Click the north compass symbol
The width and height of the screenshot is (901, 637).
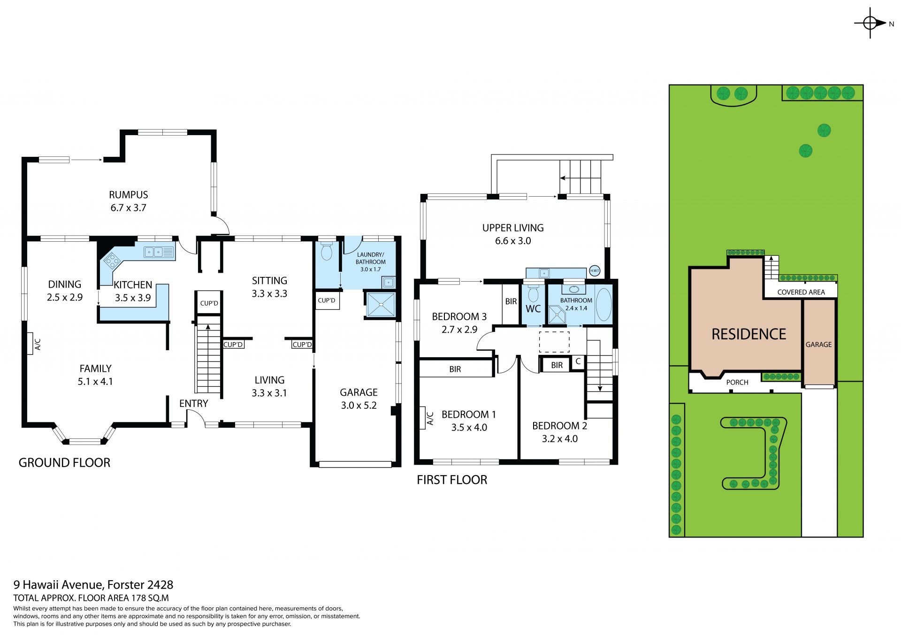click(x=870, y=23)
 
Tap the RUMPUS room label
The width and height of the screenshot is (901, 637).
click(x=129, y=195)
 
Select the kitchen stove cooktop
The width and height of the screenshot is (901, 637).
click(x=111, y=260)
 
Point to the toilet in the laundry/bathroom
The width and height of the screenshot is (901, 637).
click(x=327, y=251)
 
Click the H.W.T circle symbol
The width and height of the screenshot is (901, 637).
click(x=595, y=271)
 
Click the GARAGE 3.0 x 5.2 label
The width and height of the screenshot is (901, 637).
click(x=359, y=399)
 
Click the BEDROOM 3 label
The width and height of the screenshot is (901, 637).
click(x=459, y=316)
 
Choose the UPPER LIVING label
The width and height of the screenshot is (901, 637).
click(x=513, y=228)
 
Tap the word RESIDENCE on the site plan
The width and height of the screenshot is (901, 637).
click(x=749, y=334)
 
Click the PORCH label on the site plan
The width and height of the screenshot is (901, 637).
click(x=737, y=383)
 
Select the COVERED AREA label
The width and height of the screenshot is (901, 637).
click(x=801, y=292)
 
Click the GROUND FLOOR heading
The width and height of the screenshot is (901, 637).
click(x=64, y=463)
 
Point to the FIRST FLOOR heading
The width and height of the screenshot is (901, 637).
click(x=452, y=480)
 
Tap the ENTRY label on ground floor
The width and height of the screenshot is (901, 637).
click(x=194, y=404)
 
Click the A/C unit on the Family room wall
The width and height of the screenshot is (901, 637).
click(x=31, y=344)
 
